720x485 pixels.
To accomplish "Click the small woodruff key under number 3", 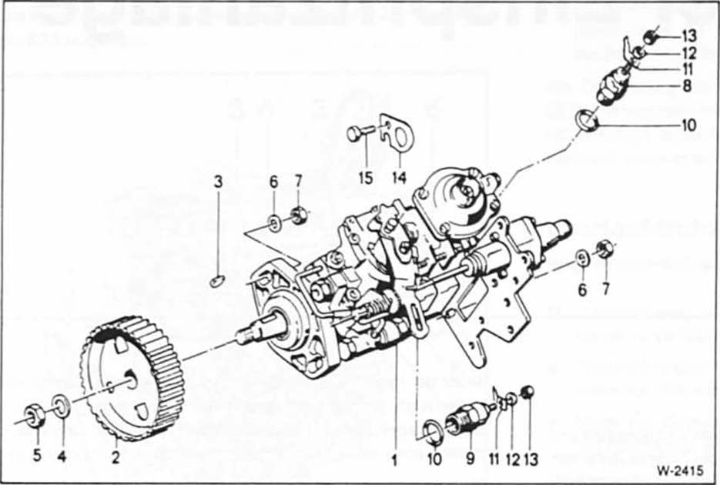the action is [216, 280].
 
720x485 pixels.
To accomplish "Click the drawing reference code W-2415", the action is [680, 471].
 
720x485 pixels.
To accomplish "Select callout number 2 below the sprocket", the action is [116, 457].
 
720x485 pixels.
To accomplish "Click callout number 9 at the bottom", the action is [471, 457].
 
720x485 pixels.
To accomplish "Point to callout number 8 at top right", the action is [687, 85].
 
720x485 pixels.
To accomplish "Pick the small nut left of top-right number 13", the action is [650, 37].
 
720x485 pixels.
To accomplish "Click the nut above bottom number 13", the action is [528, 392].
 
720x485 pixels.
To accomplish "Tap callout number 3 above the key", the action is [218, 182].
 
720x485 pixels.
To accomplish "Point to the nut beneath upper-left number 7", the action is [299, 215].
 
